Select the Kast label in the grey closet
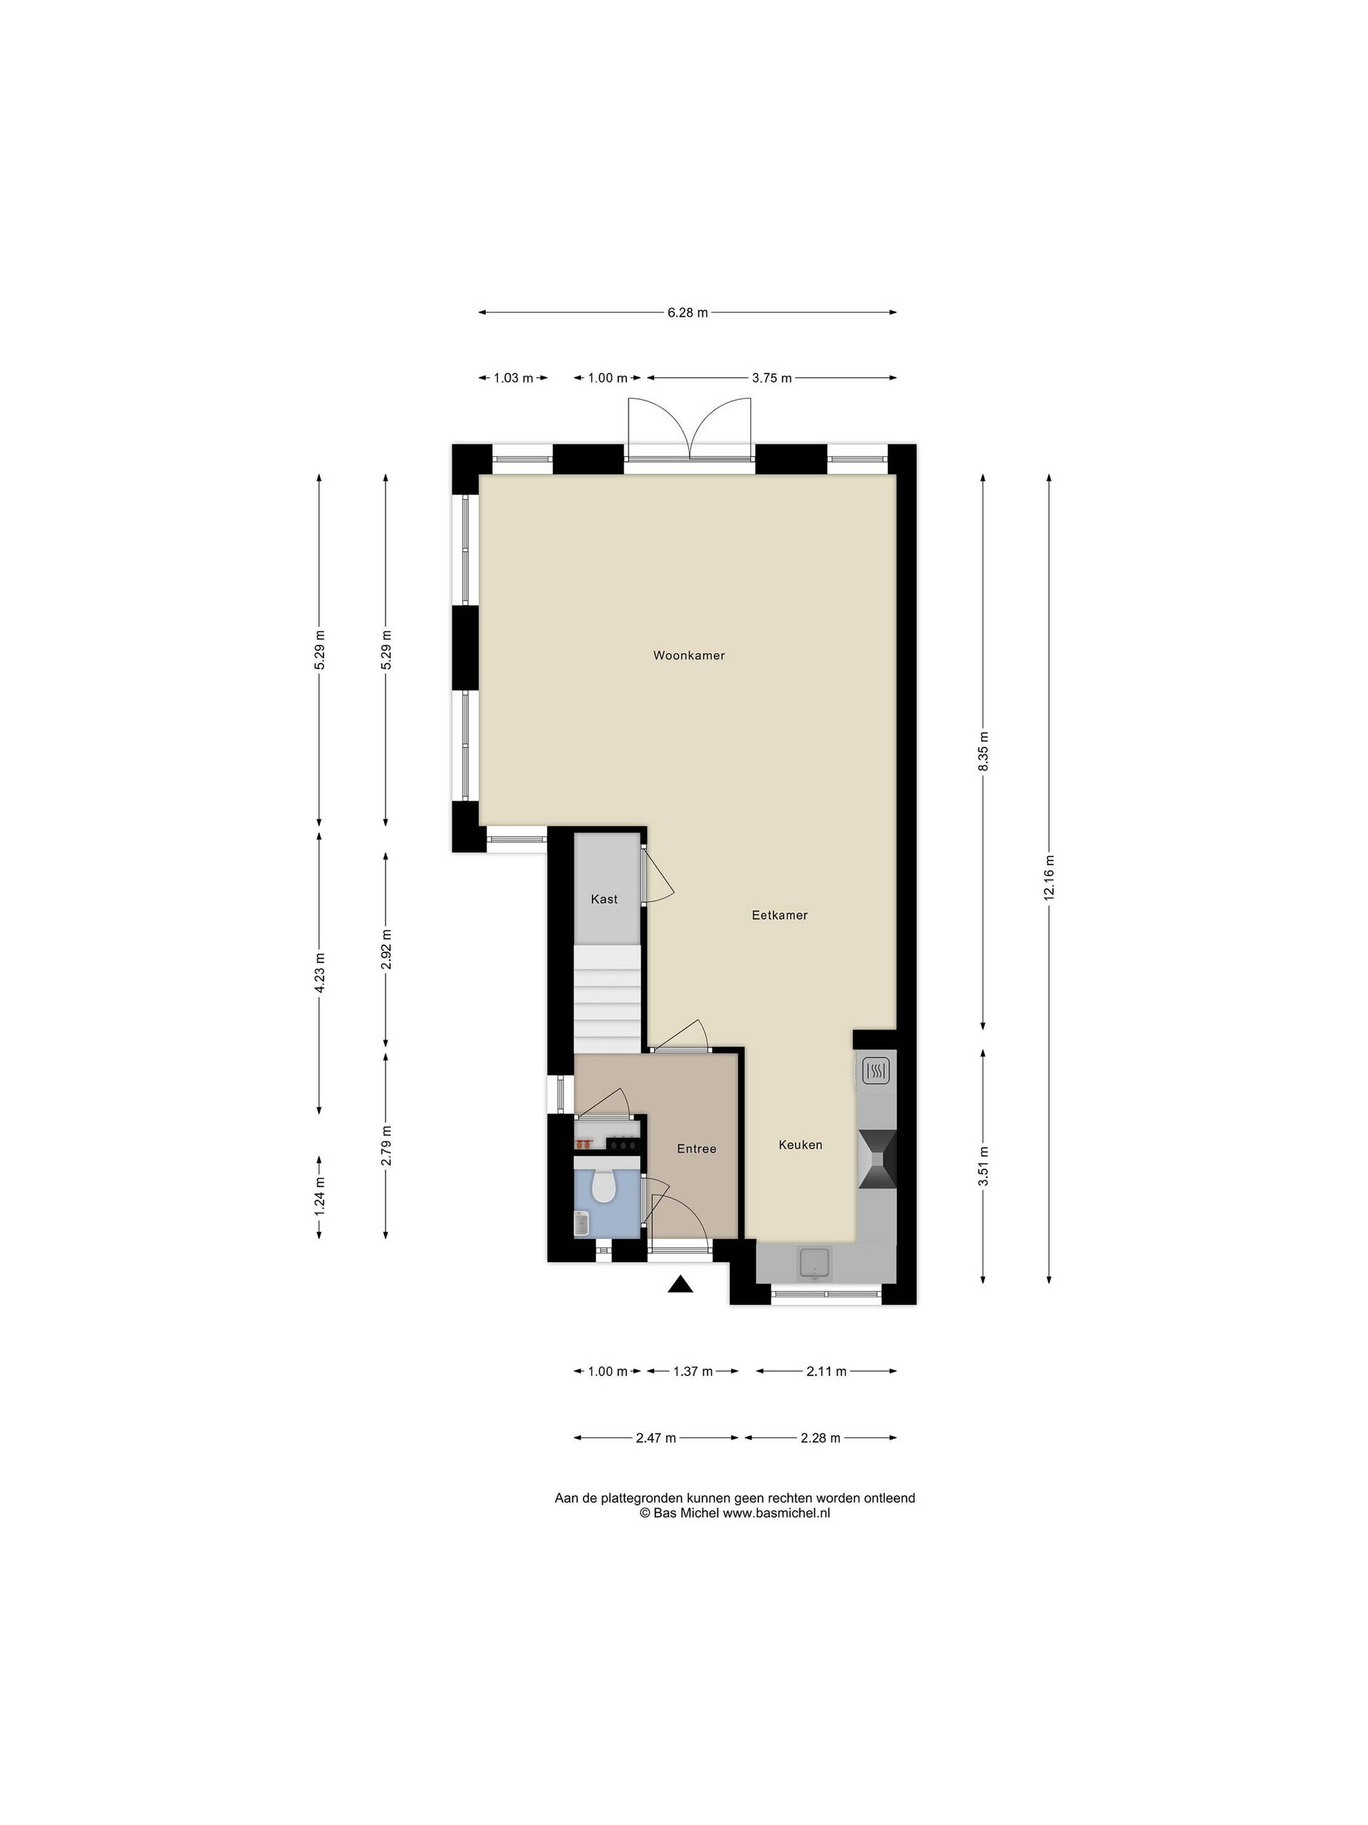pos(603,899)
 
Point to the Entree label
pos(696,1148)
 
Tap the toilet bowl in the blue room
pos(603,1186)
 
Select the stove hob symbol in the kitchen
pos(875,1071)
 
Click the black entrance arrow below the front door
pos(680,1284)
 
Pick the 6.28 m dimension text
pos(687,313)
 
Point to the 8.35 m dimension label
pos(982,751)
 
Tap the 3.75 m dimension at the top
pos(771,378)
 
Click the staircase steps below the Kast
pos(607,999)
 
